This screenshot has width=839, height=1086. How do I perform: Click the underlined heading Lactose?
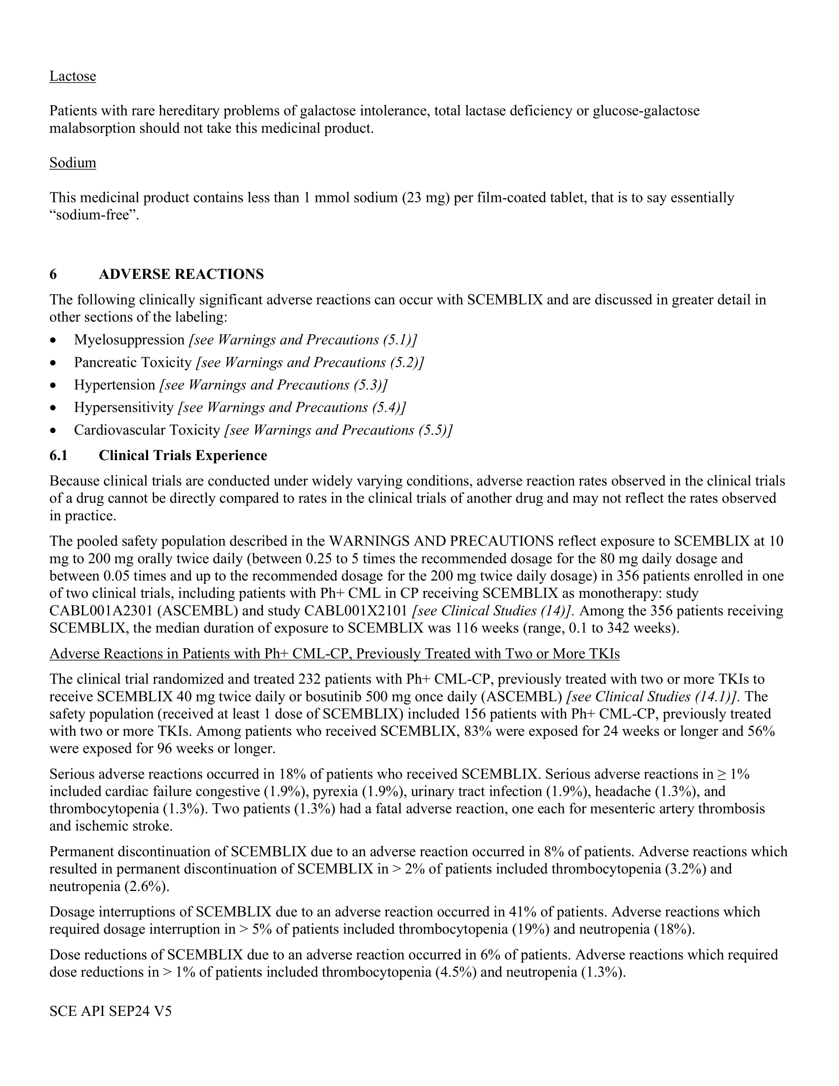[x=73, y=76]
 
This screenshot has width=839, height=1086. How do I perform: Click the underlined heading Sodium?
[x=73, y=162]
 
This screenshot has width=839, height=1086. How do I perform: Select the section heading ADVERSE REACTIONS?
[x=181, y=274]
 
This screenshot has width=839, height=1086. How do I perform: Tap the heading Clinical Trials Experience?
[x=183, y=456]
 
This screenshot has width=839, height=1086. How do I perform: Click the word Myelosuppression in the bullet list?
[x=129, y=340]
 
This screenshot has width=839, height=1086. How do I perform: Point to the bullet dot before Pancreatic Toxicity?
[x=53, y=363]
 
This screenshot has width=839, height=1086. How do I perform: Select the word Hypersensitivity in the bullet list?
[x=124, y=408]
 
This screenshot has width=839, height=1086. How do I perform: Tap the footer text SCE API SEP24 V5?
[x=111, y=1011]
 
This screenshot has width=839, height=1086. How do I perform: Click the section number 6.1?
[x=58, y=456]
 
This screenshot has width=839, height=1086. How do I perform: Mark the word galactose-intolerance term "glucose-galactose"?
[x=646, y=111]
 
